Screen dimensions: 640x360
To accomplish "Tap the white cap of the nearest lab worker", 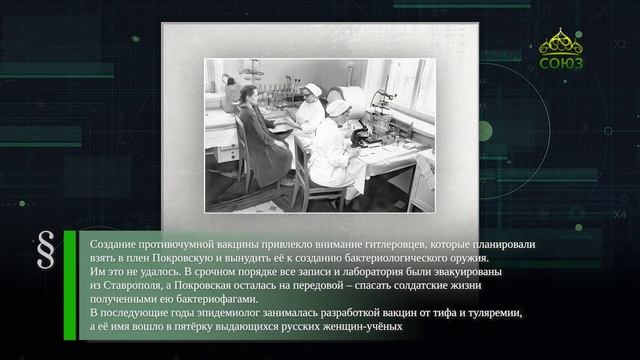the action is (338, 108).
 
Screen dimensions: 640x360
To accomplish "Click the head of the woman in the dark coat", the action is (249, 96).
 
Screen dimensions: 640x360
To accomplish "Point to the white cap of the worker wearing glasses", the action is (313, 89).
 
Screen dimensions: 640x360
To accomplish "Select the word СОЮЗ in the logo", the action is (561, 63).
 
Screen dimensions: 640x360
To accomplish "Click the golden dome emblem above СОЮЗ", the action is (561, 42).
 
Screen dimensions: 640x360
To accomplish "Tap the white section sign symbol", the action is (46, 249).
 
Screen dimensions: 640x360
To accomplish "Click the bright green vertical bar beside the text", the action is (70, 285).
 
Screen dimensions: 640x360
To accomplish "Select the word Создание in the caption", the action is (113, 244).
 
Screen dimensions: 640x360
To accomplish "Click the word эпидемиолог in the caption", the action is (228, 313).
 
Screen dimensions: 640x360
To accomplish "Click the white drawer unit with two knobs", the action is (225, 153).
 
